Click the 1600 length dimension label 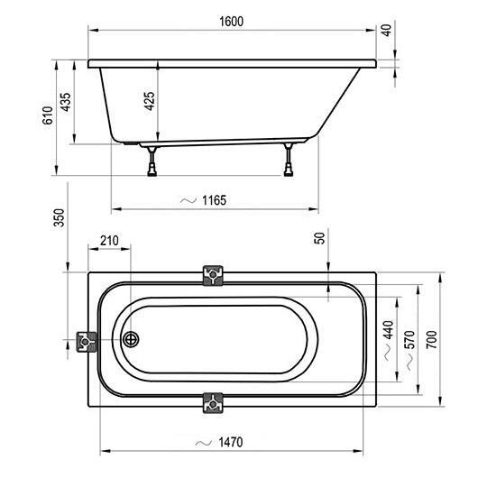coord(232,22)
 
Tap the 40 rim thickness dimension coord(387,30)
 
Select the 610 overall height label coord(48,115)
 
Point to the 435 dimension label coord(65,102)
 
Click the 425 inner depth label coord(150,101)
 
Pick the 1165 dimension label coord(215,200)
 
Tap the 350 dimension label coord(60,217)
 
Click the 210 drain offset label coord(109,241)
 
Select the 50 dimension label coord(319,238)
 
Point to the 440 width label coord(389,329)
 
